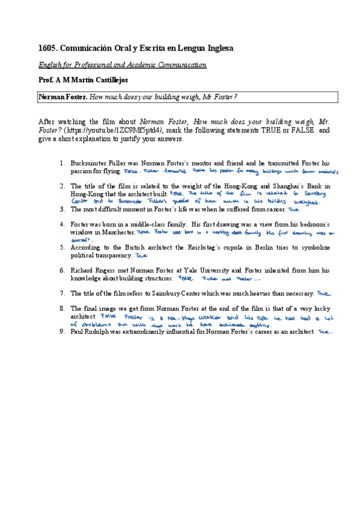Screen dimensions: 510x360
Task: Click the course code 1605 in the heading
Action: [47, 48]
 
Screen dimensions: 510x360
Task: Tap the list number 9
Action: [62, 331]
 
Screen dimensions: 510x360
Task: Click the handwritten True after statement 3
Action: [293, 210]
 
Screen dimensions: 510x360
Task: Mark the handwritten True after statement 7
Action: [323, 293]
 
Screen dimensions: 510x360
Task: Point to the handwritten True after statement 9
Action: [325, 331]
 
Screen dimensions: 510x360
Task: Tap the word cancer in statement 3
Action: [273, 209]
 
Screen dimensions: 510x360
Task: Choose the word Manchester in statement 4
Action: [115, 232]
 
